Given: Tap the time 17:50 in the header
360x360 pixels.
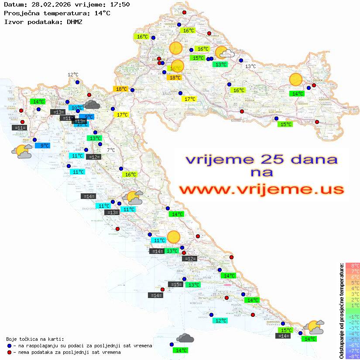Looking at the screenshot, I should click(x=119, y=5).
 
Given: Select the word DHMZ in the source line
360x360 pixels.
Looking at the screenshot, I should click(x=75, y=21).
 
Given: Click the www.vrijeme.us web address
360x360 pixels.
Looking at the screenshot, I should click(x=261, y=189).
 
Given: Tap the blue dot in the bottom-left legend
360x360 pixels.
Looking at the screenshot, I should click(x=9, y=346).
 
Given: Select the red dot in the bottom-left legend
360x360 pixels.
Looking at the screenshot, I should click(x=9, y=352).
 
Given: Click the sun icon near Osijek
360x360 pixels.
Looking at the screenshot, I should click(x=296, y=79).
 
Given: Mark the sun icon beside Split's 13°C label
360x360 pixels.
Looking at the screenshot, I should click(x=174, y=237).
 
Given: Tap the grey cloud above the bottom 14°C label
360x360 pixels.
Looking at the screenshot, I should click(x=185, y=338).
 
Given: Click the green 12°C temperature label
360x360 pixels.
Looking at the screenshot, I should click(x=221, y=321).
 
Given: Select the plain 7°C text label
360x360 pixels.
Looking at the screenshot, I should click(x=111, y=150).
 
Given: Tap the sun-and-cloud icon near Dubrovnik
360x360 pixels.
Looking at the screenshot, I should click(x=314, y=326).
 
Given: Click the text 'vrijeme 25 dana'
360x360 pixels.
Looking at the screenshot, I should click(x=261, y=159).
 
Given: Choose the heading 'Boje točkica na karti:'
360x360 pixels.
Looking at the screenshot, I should click(x=35, y=339).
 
